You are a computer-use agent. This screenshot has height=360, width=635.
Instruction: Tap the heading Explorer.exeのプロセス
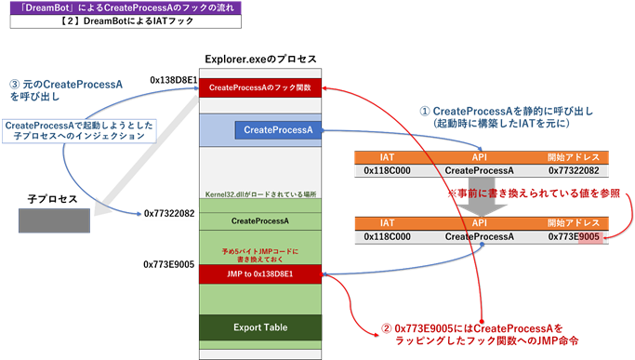[260, 59]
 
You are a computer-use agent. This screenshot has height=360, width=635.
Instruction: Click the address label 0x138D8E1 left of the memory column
[173, 80]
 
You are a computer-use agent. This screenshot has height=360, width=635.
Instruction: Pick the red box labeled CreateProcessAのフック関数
[260, 87]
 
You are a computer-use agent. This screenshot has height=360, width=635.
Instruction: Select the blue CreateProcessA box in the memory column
[277, 129]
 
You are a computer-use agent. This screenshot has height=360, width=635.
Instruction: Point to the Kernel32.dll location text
[260, 194]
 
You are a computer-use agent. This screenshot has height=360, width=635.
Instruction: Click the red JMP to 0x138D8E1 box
[260, 273]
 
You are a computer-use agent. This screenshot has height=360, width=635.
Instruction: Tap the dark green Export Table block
[260, 327]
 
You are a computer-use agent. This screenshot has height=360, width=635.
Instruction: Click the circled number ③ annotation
[13, 82]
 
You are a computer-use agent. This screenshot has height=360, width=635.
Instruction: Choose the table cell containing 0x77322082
[568, 171]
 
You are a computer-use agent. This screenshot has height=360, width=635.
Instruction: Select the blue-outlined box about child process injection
[76, 130]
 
